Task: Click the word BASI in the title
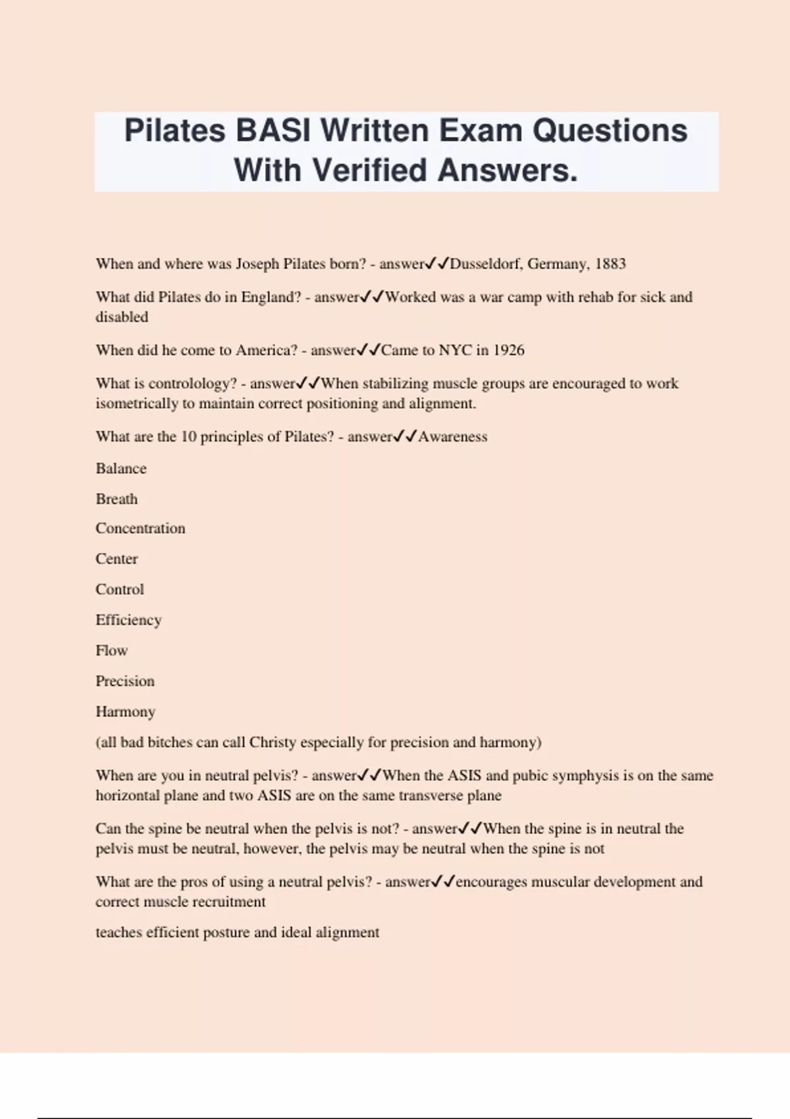[273, 130]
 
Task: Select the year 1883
[610, 264]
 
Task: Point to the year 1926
[508, 350]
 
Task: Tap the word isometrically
[136, 403]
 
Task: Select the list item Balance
[121, 469]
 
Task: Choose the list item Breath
[117, 499]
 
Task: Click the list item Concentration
[140, 529]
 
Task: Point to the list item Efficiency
[128, 620]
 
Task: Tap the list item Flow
[111, 650]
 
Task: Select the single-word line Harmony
[125, 712]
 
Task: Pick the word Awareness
[453, 437]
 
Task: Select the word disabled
[122, 317]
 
